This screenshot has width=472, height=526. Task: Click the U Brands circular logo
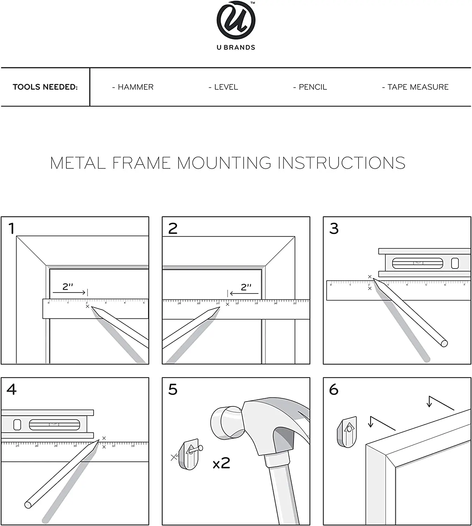click(236, 20)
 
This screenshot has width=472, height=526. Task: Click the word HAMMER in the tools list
click(136, 87)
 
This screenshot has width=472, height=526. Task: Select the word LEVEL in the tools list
click(226, 87)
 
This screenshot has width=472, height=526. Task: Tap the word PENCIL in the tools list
click(313, 87)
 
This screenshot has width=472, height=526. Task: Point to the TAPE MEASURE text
click(418, 87)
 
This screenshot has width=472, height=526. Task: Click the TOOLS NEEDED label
click(45, 87)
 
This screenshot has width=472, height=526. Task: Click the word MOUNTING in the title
click(224, 163)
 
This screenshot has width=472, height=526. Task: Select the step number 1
click(12, 229)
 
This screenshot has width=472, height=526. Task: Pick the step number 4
click(12, 390)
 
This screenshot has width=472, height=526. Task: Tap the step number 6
click(334, 390)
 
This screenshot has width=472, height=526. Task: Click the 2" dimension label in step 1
click(68, 287)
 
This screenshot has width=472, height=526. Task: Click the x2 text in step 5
click(222, 464)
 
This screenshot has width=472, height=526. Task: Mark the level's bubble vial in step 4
click(54, 425)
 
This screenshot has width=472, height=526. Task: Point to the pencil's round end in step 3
click(444, 343)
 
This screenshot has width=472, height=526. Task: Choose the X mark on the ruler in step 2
click(228, 304)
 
